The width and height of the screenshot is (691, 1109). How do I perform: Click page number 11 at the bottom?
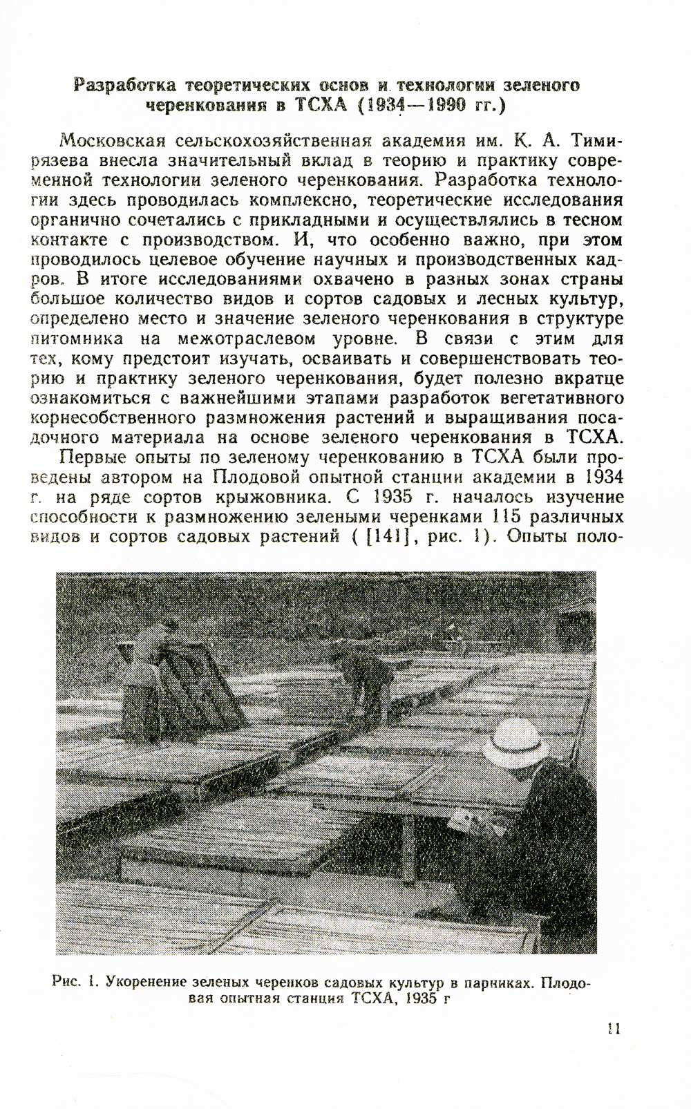613,1029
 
